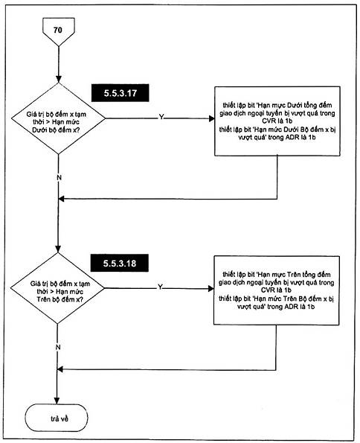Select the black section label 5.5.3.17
[120, 93]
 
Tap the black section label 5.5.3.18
[120, 263]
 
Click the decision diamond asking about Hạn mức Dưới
[58, 118]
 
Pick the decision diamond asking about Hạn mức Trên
[57, 288]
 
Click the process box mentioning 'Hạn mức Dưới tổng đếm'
[277, 121]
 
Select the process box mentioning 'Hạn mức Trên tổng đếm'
[276, 290]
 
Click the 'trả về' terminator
[57, 418]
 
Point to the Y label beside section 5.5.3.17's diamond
[161, 117]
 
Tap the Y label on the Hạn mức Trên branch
[160, 287]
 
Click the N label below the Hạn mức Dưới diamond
[59, 178]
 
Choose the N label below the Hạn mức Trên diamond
[58, 347]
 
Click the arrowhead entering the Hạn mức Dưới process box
[211, 118]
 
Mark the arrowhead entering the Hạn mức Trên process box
[210, 288]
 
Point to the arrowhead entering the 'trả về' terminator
[57, 401]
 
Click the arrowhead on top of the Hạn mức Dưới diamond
[59, 80]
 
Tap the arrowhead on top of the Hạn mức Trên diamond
[58, 249]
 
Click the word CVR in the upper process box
[269, 121]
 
